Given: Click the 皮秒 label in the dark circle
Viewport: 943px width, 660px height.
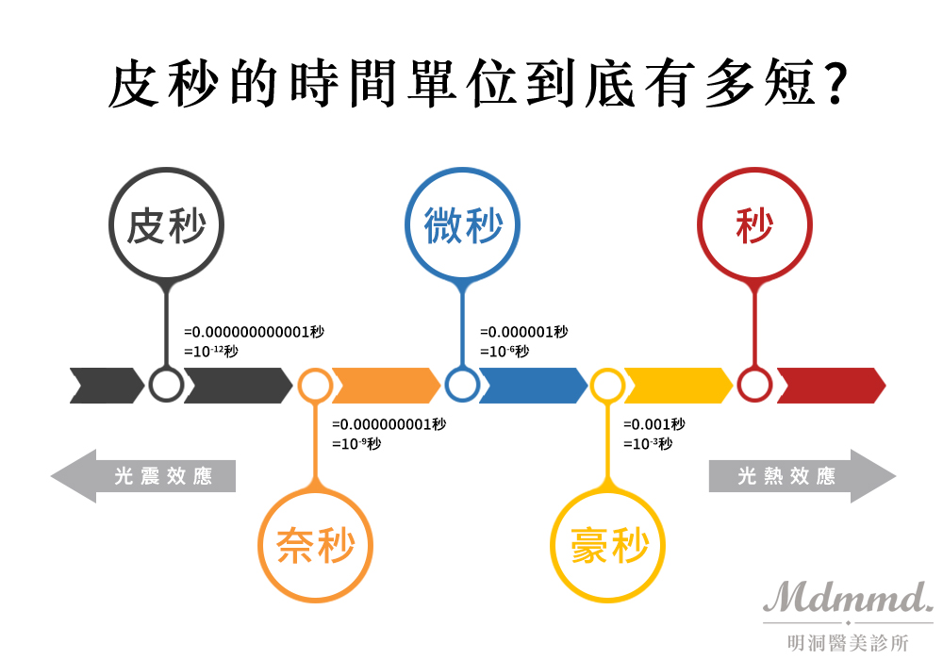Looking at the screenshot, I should (166, 227).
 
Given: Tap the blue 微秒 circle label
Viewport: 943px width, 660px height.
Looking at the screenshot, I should (463, 227).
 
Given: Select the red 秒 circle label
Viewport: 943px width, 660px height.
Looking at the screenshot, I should (754, 226).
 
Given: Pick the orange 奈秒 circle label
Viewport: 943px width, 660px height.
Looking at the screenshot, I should (316, 545).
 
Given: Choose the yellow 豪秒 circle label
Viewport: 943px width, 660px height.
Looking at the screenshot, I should (609, 545).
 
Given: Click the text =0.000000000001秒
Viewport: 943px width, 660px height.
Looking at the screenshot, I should (254, 333).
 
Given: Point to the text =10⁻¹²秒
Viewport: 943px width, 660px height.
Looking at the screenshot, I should (211, 352).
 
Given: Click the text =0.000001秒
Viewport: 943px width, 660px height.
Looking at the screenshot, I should (524, 333).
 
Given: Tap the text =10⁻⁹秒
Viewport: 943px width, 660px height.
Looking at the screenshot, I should (356, 443).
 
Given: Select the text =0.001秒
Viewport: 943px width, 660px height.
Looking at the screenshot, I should (654, 424).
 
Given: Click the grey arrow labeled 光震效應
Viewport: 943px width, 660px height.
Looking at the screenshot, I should (145, 476).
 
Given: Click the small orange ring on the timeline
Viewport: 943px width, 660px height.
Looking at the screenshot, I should (315, 385).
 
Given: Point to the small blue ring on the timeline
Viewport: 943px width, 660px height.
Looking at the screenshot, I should (462, 385).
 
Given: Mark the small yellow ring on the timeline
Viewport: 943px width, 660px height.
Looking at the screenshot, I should (607, 385).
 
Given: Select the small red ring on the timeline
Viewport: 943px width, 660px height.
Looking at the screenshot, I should (754, 385).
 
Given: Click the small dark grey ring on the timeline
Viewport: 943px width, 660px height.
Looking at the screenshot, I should (166, 385).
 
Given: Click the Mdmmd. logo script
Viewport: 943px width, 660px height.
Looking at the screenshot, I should (848, 597).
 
